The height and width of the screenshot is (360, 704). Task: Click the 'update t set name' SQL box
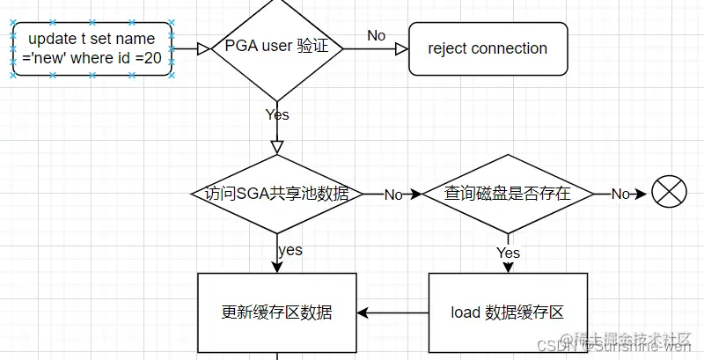click(x=92, y=48)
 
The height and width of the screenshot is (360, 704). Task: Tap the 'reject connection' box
click(x=488, y=48)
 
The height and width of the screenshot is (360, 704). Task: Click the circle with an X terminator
click(x=669, y=193)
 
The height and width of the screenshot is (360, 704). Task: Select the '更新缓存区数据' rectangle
click(x=276, y=312)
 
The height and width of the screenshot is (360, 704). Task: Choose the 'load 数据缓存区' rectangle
click(x=507, y=312)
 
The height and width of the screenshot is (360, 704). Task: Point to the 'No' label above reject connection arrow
click(x=376, y=35)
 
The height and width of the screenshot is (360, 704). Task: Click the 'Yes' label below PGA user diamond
click(x=277, y=114)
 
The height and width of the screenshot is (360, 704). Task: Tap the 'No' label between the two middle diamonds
click(x=392, y=195)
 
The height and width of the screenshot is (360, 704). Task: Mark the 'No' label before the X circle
click(x=620, y=194)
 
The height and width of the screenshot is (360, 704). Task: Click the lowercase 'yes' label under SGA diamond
click(x=290, y=250)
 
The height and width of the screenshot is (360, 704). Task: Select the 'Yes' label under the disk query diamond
click(x=509, y=253)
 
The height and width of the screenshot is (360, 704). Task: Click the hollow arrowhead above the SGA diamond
click(x=277, y=146)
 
